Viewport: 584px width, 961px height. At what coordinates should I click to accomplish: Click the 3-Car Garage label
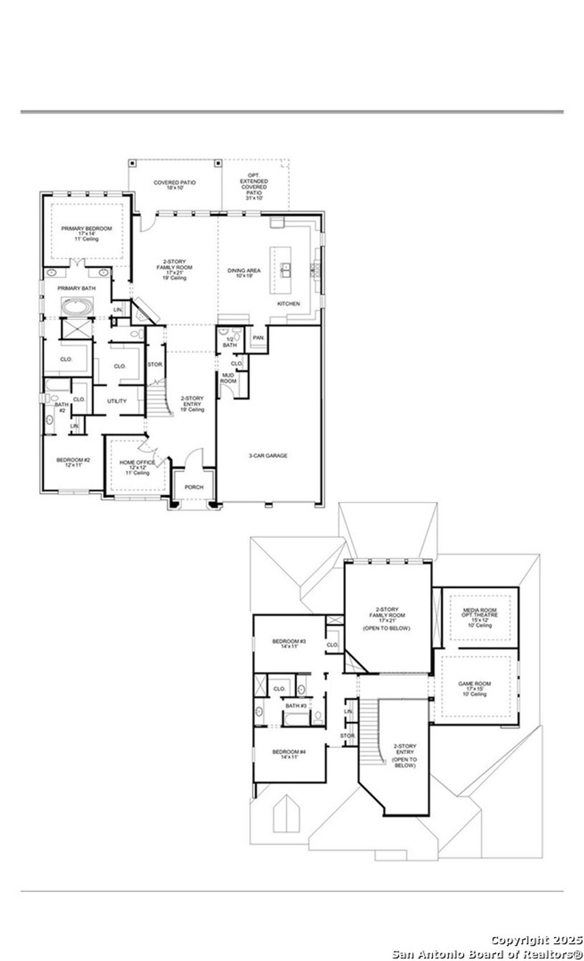267,455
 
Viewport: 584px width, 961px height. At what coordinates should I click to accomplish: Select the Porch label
193,487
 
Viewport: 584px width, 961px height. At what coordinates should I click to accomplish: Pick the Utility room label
117,401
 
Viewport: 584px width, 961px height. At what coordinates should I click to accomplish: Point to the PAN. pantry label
258,337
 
